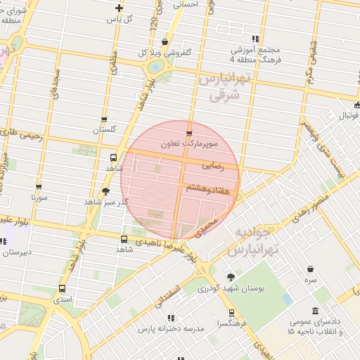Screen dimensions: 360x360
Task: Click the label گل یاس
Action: (x=119, y=19)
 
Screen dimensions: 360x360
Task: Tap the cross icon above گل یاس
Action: (x=119, y=8)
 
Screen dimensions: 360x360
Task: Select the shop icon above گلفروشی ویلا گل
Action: (x=165, y=41)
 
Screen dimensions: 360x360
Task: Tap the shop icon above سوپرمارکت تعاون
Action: (x=188, y=133)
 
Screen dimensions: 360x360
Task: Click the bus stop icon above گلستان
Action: (x=104, y=120)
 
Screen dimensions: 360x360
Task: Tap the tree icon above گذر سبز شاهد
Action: (x=105, y=191)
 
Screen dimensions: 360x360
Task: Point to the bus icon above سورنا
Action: (x=39, y=187)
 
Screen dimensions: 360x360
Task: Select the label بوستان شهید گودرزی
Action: (x=231, y=288)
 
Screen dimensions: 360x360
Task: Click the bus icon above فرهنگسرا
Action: (x=231, y=313)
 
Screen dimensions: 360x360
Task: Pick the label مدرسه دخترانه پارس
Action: (x=171, y=329)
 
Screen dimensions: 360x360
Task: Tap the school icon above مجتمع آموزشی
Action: (x=255, y=39)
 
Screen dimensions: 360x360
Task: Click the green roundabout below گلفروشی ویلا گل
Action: (x=155, y=67)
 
